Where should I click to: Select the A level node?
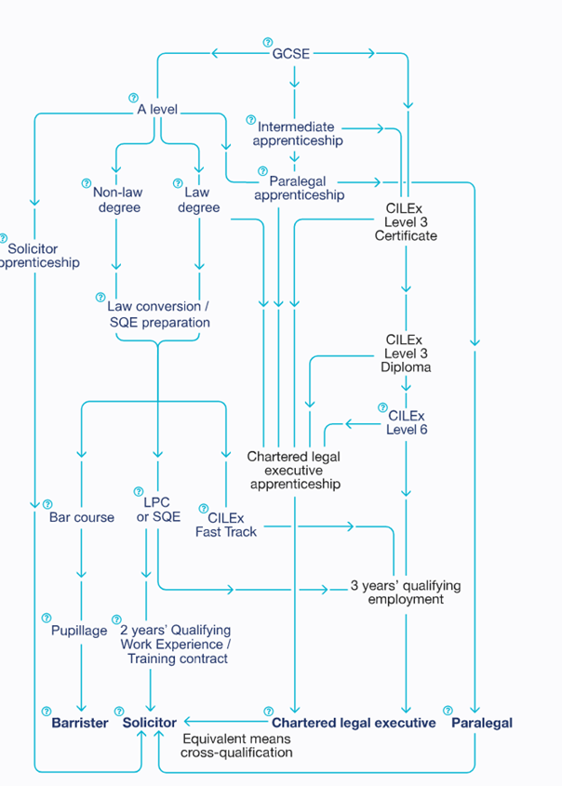click(x=156, y=110)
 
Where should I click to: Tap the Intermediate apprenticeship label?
click(x=297, y=133)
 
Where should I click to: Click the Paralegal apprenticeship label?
click(x=299, y=188)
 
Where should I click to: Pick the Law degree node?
click(x=198, y=200)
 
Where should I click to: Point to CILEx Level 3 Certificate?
click(x=405, y=222)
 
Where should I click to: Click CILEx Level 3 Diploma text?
click(x=405, y=353)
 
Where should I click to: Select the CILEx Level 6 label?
click(x=407, y=422)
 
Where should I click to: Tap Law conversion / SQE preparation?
click(x=159, y=314)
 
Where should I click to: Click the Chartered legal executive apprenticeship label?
click(x=295, y=471)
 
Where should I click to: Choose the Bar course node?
click(x=82, y=517)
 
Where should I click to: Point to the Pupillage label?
click(x=79, y=631)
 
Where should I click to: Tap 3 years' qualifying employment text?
click(x=405, y=593)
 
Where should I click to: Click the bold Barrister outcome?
click(x=80, y=723)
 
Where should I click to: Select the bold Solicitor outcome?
click(x=150, y=723)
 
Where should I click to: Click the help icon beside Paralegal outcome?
click(x=448, y=711)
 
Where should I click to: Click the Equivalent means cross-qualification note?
click(x=236, y=745)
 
